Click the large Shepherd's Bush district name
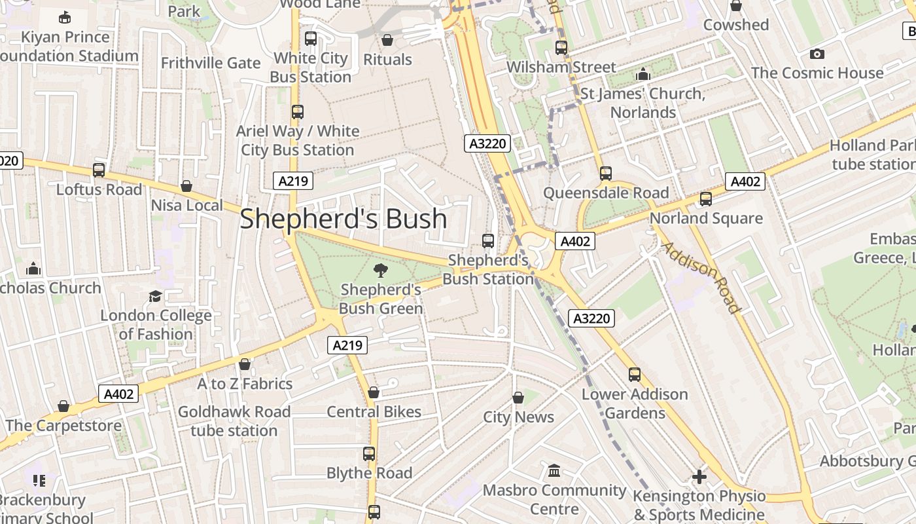[343, 219]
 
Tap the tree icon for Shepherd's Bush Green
[380, 270]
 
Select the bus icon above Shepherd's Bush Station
[488, 240]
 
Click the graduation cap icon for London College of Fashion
[155, 297]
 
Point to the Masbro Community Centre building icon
[554, 470]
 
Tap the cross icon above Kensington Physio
[699, 476]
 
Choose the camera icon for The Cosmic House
[817, 54]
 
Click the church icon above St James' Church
[643, 74]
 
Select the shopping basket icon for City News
[518, 398]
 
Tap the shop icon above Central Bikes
[374, 392]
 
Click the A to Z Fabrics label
[245, 384]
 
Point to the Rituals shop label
[387, 60]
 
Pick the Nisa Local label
[186, 206]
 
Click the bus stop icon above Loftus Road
[99, 170]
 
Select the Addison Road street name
[701, 278]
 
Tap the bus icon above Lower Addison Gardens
[635, 375]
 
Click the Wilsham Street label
[561, 67]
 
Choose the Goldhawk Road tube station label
[234, 421]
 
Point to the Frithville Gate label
[211, 63]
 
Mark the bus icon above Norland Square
[705, 199]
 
